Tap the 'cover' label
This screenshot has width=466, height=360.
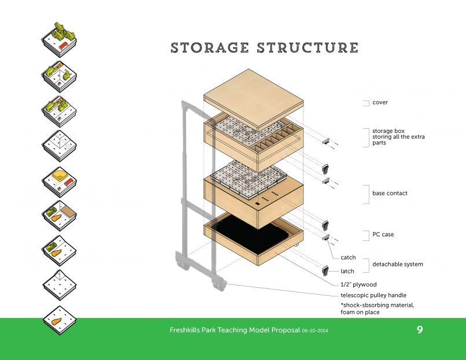380,102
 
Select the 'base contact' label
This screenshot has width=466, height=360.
390,193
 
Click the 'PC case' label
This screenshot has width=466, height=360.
383,235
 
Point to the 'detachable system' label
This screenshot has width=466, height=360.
397,264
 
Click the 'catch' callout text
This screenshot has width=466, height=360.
348,257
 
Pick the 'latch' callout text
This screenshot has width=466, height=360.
347,270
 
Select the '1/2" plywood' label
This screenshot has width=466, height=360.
358,284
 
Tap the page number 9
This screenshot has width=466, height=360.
419,331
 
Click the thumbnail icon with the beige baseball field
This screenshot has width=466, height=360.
59,179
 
